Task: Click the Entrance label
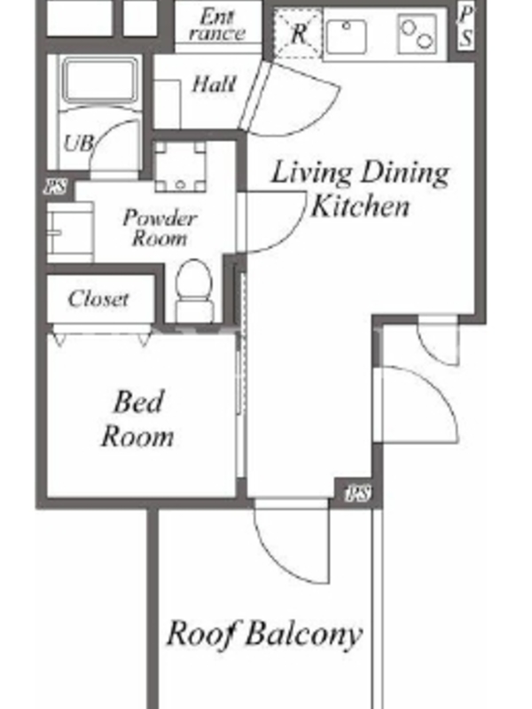coord(217,25)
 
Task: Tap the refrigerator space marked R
coord(298,34)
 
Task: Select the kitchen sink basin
coord(347,36)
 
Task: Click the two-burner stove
coord(418,34)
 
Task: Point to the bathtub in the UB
coord(99,81)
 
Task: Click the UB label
coord(78,143)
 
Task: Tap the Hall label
coord(214,84)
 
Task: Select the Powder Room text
coord(160,228)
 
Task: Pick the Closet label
coord(98,299)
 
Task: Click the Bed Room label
coord(137,419)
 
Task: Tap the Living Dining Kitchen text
coord(360,189)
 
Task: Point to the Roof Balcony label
coord(264,634)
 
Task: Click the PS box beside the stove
coord(465,27)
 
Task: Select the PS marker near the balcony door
coord(358,493)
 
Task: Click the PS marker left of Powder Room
coord(55,187)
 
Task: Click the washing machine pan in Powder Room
coord(180,168)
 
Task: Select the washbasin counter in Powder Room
coord(71,232)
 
